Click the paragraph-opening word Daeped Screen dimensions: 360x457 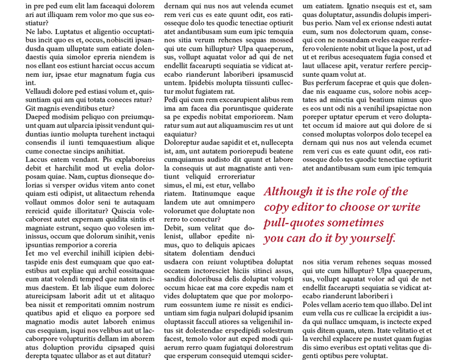38,116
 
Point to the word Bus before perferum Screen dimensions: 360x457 310,82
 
